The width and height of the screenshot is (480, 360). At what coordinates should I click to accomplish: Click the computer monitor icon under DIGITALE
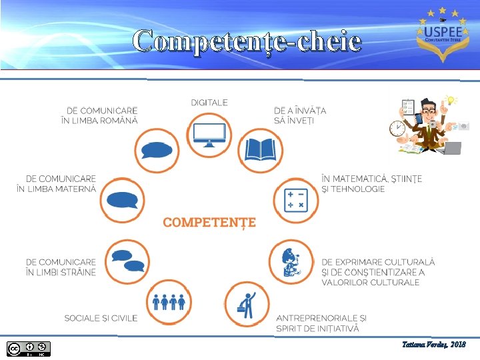coord(209,133)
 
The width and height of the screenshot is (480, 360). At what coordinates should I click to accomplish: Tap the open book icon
coord(260,149)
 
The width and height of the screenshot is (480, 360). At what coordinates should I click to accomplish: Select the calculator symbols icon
coord(295,198)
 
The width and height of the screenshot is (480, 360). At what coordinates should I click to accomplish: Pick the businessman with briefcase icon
coord(247,304)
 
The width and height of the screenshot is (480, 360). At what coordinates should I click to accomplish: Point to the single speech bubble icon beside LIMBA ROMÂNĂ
coord(157,149)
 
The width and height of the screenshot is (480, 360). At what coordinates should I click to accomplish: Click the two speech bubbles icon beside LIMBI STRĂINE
coord(128,261)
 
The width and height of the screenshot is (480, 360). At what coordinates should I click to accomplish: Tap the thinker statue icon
coord(290,261)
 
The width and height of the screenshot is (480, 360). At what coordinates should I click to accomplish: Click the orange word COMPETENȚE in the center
coord(209,222)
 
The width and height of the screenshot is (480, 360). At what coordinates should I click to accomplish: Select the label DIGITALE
coord(209,103)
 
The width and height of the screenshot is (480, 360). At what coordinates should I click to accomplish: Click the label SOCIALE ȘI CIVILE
coord(101,318)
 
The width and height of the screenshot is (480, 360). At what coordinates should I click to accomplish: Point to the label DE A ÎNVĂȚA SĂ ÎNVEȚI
coord(300,115)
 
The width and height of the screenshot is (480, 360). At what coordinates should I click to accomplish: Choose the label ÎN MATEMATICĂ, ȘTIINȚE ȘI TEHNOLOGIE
coord(371,184)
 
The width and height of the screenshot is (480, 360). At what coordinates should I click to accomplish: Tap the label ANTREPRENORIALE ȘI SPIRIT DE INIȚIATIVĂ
coord(321,323)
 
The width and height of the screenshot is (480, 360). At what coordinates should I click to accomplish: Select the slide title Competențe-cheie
coord(247,41)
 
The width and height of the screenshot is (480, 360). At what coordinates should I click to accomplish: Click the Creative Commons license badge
coord(29,348)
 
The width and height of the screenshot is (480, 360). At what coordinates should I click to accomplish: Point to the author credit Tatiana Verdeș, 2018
coord(434,345)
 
